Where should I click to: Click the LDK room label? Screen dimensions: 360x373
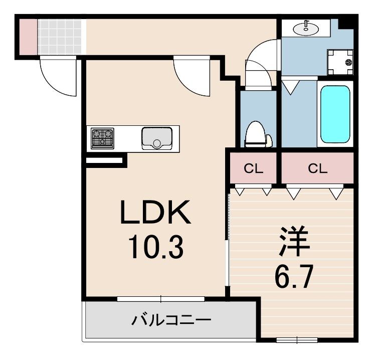pos(155,213)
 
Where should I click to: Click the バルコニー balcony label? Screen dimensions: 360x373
pos(171,319)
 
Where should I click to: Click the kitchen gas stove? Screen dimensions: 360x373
pos(102,138)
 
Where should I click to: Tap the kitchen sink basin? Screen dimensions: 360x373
pos(156,137)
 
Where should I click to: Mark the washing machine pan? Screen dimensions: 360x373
pos(341,62)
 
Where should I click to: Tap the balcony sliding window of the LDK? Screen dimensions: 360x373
pos(161,299)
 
